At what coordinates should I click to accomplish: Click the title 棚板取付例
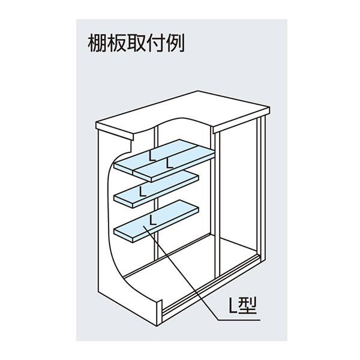click(x=133, y=43)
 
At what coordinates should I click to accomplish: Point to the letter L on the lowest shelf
click(x=154, y=220)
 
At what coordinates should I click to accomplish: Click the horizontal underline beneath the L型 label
click(x=240, y=319)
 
